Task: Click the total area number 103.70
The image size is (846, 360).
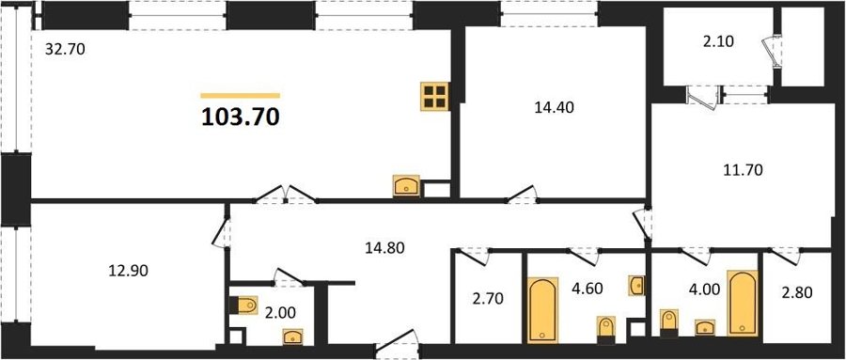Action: point(240,117)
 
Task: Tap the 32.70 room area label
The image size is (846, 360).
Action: point(65,51)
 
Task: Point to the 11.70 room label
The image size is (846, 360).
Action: point(743,170)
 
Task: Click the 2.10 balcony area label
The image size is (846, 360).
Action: point(718,41)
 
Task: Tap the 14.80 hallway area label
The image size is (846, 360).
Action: point(384,248)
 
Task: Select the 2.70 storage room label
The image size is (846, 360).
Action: point(488,297)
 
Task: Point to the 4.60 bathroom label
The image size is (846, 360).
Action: point(586,286)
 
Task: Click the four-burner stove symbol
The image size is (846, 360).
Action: point(435,97)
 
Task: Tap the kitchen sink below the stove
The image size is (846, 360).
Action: point(407,186)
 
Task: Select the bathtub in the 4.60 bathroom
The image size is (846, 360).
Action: point(542,310)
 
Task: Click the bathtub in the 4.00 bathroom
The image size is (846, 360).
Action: point(743,304)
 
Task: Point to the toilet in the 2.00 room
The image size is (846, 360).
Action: point(244,305)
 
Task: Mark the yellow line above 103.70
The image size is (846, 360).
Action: point(240,96)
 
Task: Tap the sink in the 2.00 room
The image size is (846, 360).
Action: point(292,337)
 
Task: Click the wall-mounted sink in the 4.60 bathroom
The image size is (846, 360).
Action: point(636,285)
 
